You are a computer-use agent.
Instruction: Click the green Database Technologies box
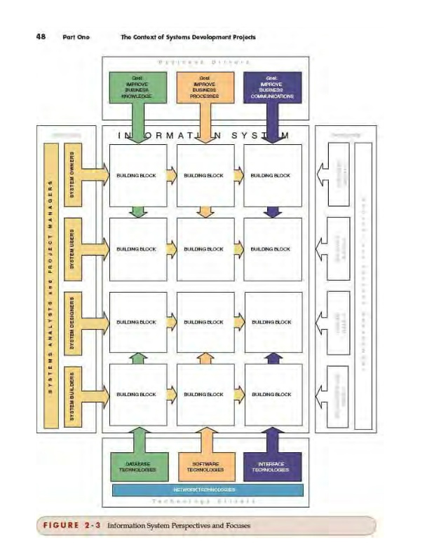pyautogui.click(x=137, y=466)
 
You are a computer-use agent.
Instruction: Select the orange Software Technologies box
pyautogui.click(x=204, y=466)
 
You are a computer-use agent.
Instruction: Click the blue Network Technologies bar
pyautogui.click(x=208, y=490)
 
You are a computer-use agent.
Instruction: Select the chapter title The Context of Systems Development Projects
pyautogui.click(x=189, y=37)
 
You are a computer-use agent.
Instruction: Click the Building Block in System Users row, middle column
pyautogui.click(x=203, y=249)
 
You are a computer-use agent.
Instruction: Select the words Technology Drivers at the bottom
pyautogui.click(x=204, y=501)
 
